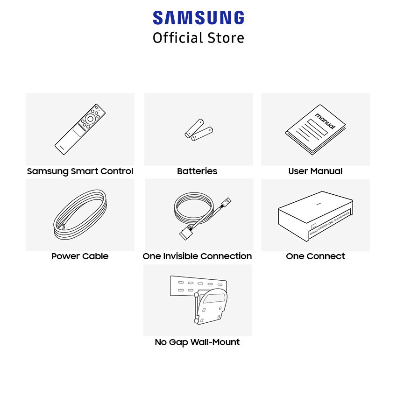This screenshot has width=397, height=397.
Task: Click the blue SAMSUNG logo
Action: pyautogui.click(x=198, y=17)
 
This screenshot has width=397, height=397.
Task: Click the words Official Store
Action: pyautogui.click(x=198, y=38)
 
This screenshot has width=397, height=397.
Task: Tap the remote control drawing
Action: pyautogui.click(x=80, y=129)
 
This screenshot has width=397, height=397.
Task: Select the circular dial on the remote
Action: pyautogui.click(x=91, y=119)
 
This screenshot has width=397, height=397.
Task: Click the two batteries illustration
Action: pyautogui.click(x=199, y=130)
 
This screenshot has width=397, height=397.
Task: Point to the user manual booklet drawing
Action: pyautogui.click(x=315, y=129)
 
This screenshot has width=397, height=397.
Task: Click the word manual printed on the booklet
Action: pyautogui.click(x=326, y=121)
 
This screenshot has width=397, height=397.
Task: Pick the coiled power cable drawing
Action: pyautogui.click(x=80, y=215)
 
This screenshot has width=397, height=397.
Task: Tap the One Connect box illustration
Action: pyautogui.click(x=315, y=216)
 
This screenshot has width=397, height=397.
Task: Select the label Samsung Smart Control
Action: pyautogui.click(x=80, y=171)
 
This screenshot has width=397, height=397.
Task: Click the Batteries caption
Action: pyautogui.click(x=197, y=171)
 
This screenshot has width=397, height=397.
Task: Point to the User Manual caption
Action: pyautogui.click(x=315, y=171)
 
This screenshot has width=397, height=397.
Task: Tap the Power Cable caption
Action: pyautogui.click(x=80, y=256)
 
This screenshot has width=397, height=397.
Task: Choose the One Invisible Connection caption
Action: pyautogui.click(x=197, y=256)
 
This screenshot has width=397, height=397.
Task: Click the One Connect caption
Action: pyautogui.click(x=315, y=256)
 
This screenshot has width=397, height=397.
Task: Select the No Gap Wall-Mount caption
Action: pyautogui.click(x=197, y=342)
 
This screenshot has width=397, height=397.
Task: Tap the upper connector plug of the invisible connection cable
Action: pyautogui.click(x=226, y=202)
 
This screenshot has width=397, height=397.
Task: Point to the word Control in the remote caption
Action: pyautogui.click(x=117, y=171)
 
